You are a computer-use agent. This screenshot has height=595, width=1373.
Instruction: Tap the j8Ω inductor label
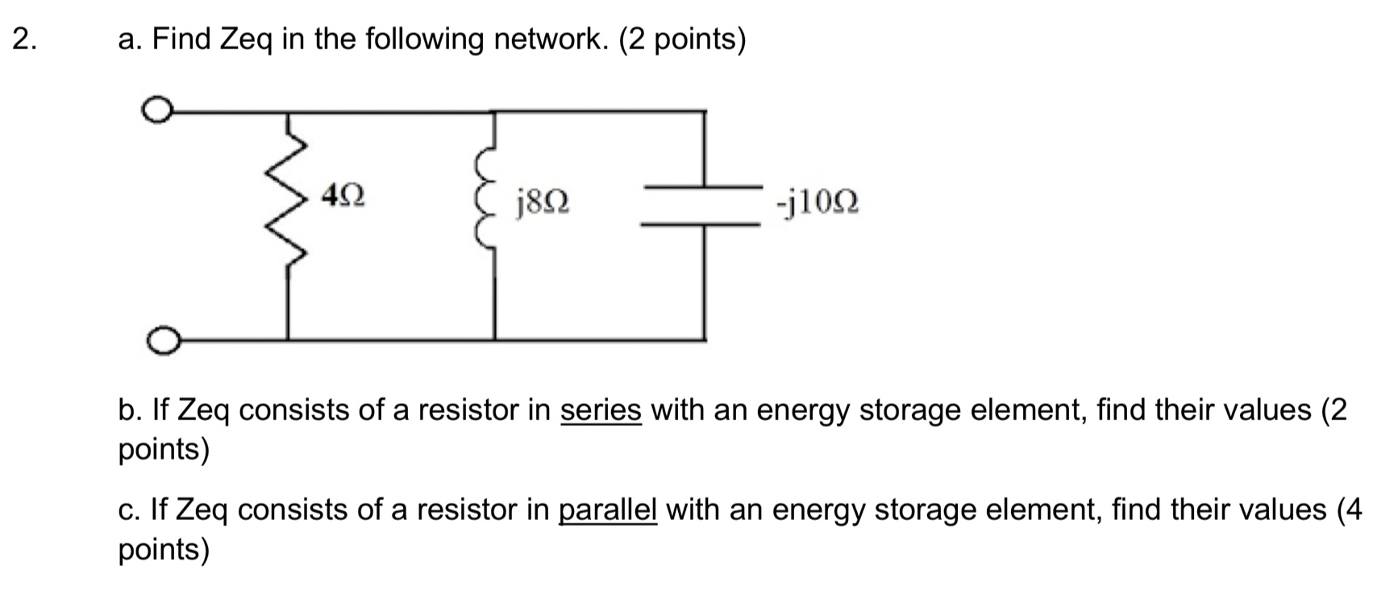[x=543, y=202]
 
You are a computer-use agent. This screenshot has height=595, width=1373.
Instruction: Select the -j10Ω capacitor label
[x=817, y=202]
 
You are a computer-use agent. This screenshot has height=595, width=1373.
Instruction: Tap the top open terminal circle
[x=157, y=110]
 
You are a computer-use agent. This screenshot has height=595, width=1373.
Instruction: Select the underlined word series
[x=601, y=410]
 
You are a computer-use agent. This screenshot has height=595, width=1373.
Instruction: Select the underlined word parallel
[x=608, y=510]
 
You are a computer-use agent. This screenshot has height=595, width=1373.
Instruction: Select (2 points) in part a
[x=682, y=40]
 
